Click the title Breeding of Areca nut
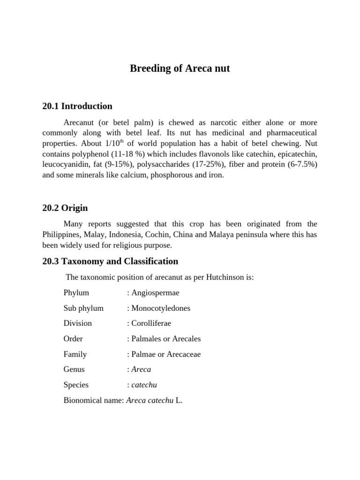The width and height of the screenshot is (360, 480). (180, 69)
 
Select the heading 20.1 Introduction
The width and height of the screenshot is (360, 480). (77, 106)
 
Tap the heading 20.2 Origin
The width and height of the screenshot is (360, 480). (65, 208)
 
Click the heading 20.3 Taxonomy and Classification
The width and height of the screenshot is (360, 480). (110, 261)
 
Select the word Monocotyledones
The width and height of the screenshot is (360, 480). (161, 308)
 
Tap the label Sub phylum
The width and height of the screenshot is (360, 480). (83, 308)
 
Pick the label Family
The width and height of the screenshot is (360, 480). (75, 354)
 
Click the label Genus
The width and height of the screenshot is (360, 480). (74, 369)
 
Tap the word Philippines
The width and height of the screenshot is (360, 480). (63, 234)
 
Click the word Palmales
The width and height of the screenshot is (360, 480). (147, 338)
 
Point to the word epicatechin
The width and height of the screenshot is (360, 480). (296, 154)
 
